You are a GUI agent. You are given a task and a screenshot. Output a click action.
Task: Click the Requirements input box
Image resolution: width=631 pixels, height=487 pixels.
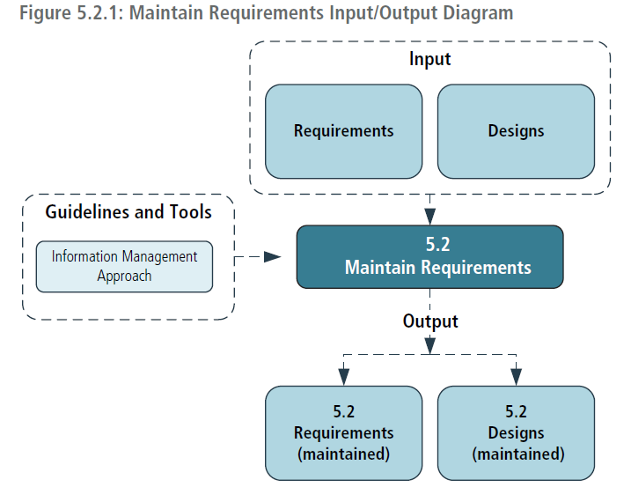[x=343, y=131]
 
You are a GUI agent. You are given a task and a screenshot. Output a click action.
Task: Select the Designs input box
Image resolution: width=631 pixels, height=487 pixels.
[x=516, y=131]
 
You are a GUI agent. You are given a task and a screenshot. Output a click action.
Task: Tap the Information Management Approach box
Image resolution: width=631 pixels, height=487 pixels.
[x=124, y=266]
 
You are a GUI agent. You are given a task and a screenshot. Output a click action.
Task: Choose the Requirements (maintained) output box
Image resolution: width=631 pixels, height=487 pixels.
[x=343, y=432]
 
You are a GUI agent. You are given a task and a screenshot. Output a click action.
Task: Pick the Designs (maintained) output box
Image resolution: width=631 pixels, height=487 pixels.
[x=516, y=432]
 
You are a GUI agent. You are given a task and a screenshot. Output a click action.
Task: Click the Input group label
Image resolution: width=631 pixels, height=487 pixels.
[x=429, y=60]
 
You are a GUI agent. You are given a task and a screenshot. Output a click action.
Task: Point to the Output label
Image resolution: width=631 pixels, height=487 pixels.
[x=430, y=321]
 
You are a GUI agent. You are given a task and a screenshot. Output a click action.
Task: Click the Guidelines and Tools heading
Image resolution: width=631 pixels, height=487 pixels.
[x=128, y=211]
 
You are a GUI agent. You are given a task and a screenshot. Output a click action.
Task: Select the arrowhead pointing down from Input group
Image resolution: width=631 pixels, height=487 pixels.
[x=429, y=218]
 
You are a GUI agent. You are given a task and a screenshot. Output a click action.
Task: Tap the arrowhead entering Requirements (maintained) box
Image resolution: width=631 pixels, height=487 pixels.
[x=344, y=378]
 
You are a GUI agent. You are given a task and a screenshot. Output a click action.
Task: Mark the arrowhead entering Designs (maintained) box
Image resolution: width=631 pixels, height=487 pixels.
[x=516, y=378]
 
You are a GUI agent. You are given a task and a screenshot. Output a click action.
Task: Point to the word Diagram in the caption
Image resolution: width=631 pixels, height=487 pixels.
[x=478, y=13]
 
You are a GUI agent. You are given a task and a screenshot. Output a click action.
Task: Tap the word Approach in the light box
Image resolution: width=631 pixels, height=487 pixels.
[x=124, y=276]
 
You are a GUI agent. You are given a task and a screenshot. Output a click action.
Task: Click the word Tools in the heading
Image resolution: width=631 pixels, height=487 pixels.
[x=190, y=211]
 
